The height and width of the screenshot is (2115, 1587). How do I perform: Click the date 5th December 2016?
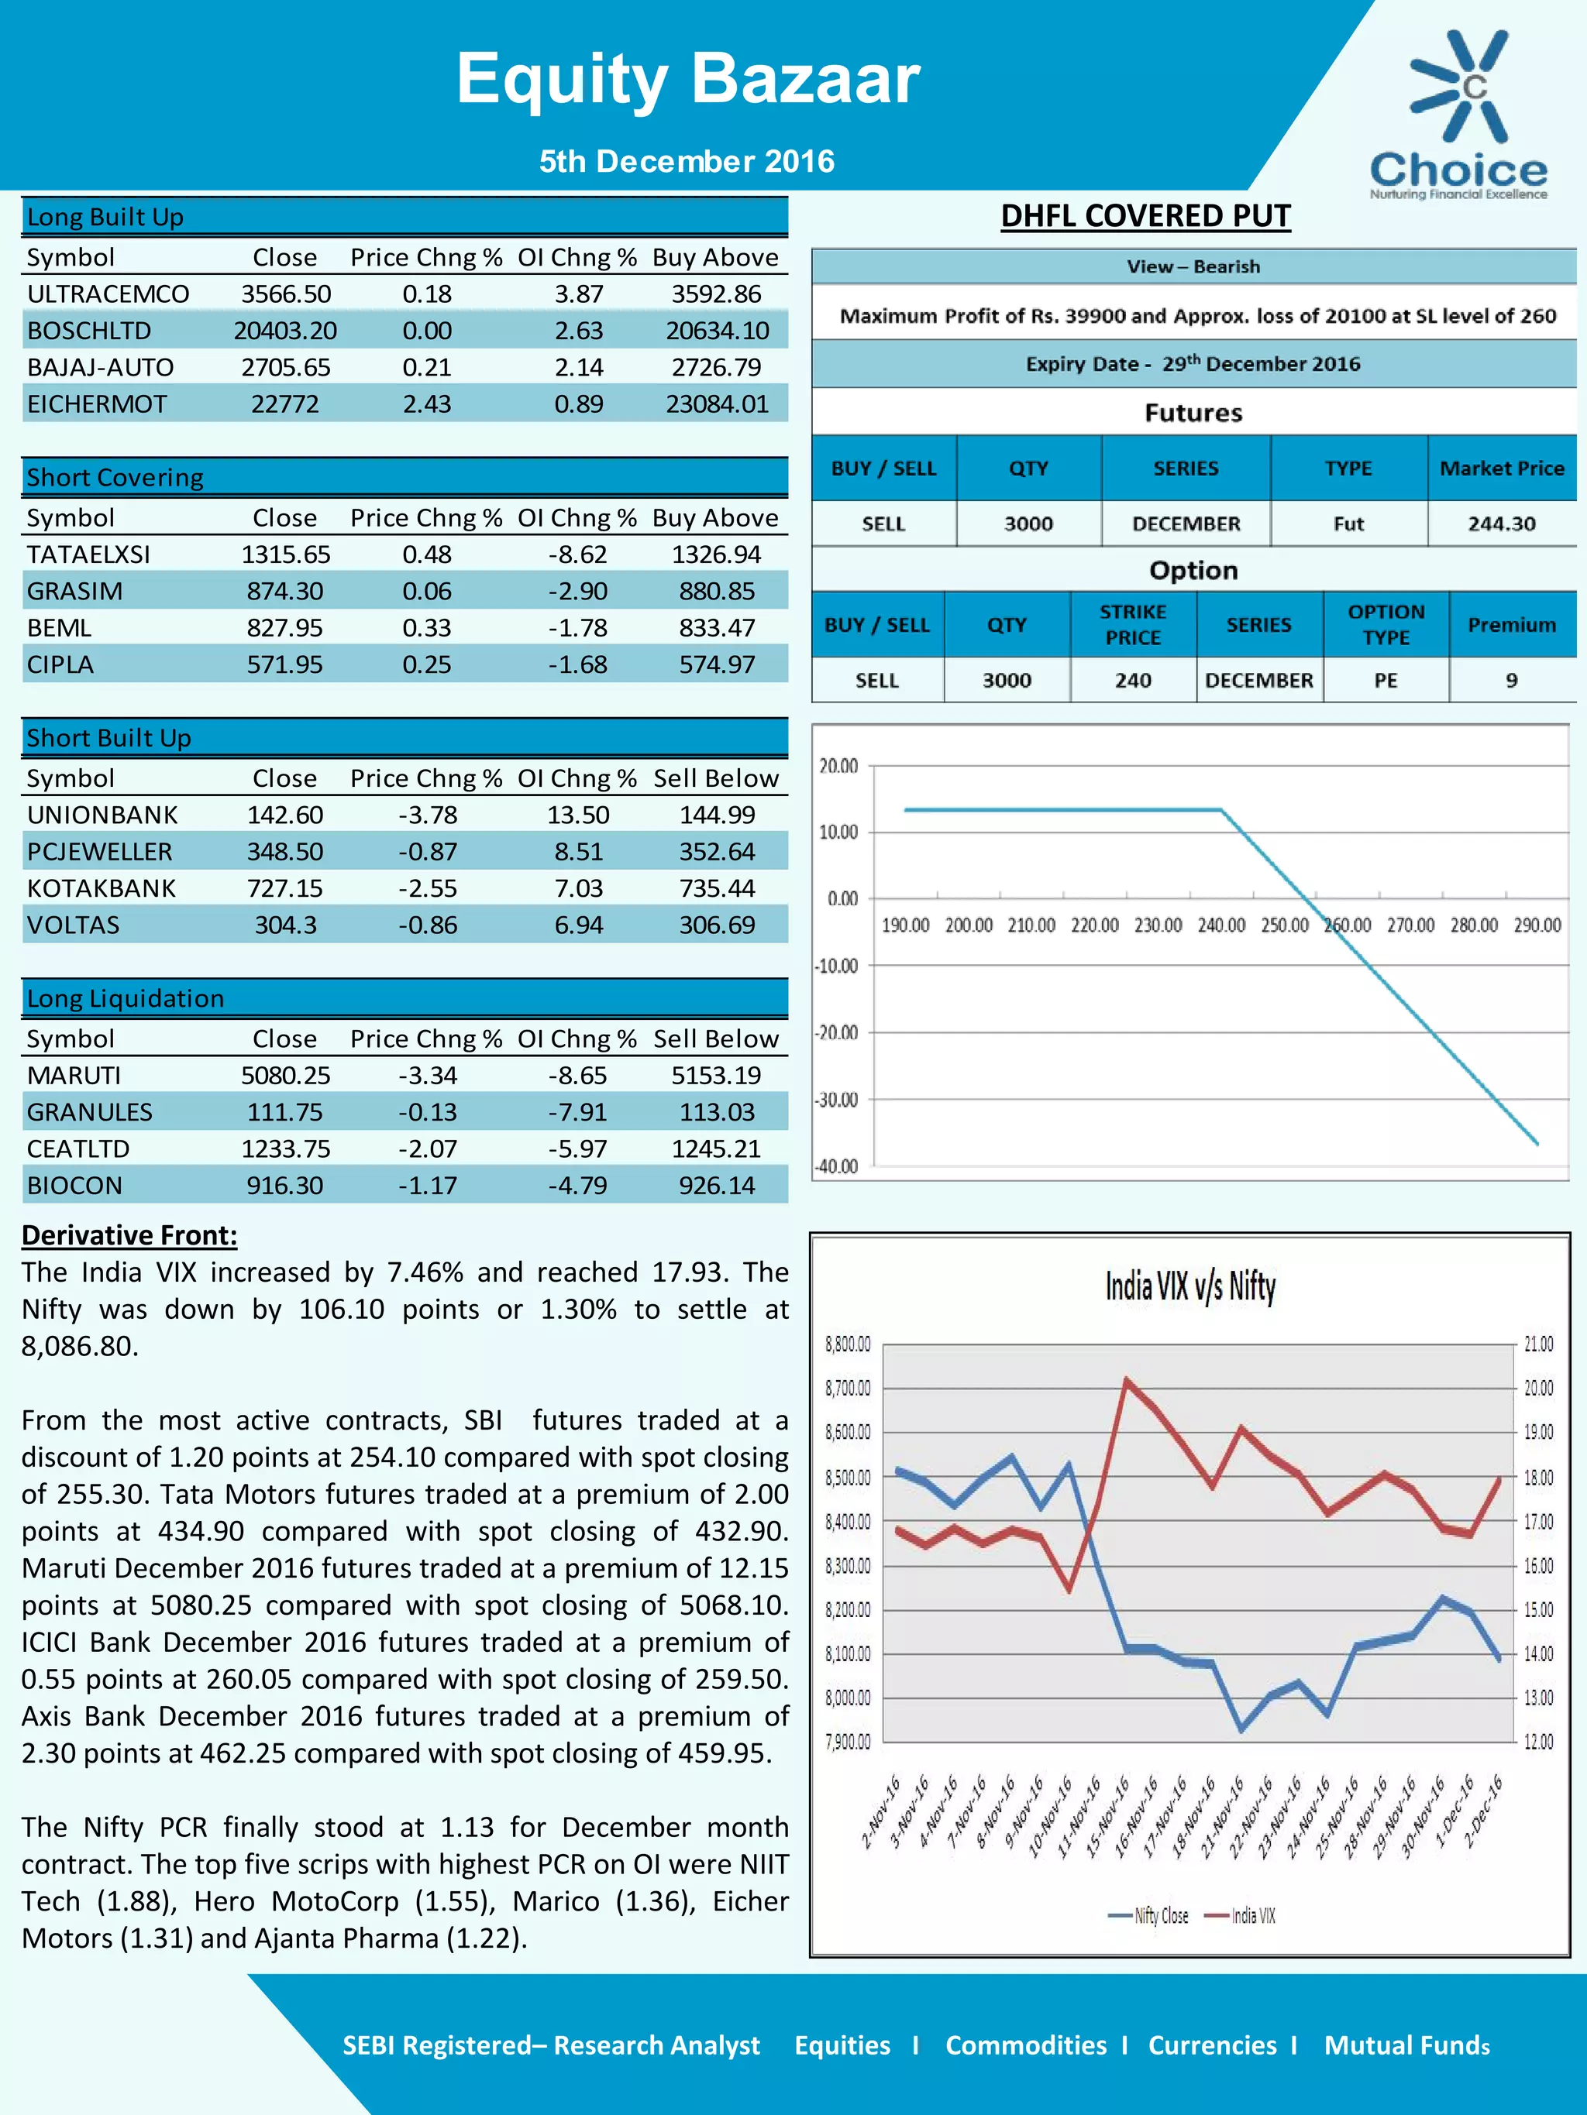pyautogui.click(x=686, y=160)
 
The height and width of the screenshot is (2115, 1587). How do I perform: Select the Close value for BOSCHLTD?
pyautogui.click(x=285, y=331)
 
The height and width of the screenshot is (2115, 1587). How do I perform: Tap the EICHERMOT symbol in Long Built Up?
pyautogui.click(x=97, y=404)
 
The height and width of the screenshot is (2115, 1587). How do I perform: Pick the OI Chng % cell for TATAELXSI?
pyautogui.click(x=578, y=555)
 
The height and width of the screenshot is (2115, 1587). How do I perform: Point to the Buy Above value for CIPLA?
pyautogui.click(x=717, y=664)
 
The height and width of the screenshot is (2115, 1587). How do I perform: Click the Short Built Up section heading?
pyautogui.click(x=109, y=737)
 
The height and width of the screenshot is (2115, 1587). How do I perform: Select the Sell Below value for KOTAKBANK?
pyautogui.click(x=717, y=888)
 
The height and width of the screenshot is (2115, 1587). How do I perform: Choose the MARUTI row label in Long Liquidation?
pyautogui.click(x=74, y=1076)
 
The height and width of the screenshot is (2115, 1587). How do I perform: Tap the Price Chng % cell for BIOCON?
pyautogui.click(x=427, y=1186)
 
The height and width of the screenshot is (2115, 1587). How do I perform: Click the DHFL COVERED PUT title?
pyautogui.click(x=1145, y=216)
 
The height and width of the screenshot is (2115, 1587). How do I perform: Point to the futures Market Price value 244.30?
pyautogui.click(x=1501, y=524)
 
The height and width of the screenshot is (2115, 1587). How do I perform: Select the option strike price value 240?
pyautogui.click(x=1133, y=681)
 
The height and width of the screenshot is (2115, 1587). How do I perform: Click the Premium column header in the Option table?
pyautogui.click(x=1511, y=625)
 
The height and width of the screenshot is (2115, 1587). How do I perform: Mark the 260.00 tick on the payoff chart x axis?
pyautogui.click(x=1347, y=925)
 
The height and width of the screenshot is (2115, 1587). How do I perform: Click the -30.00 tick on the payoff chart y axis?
pyautogui.click(x=837, y=1100)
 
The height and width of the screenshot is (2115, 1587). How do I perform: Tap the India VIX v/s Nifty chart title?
pyautogui.click(x=1190, y=1287)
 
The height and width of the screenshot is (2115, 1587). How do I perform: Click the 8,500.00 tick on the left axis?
pyautogui.click(x=848, y=1478)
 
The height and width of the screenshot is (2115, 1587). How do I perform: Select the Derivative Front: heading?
pyautogui.click(x=129, y=1235)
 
